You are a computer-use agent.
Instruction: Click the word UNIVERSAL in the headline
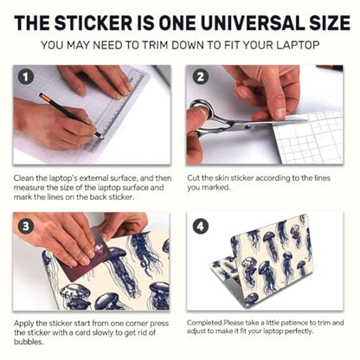(x=252, y=22)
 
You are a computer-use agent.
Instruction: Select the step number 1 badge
(x=26, y=77)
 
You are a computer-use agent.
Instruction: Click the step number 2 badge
(x=201, y=77)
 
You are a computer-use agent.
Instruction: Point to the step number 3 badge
(x=26, y=226)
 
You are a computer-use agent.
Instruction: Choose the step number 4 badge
(x=201, y=226)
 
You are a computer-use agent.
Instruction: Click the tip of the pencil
(x=102, y=138)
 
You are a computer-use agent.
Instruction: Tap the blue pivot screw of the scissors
(x=246, y=126)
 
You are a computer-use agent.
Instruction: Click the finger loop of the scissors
(x=202, y=111)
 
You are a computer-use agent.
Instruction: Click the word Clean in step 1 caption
(x=23, y=178)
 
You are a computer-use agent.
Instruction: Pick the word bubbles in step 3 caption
(x=29, y=342)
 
